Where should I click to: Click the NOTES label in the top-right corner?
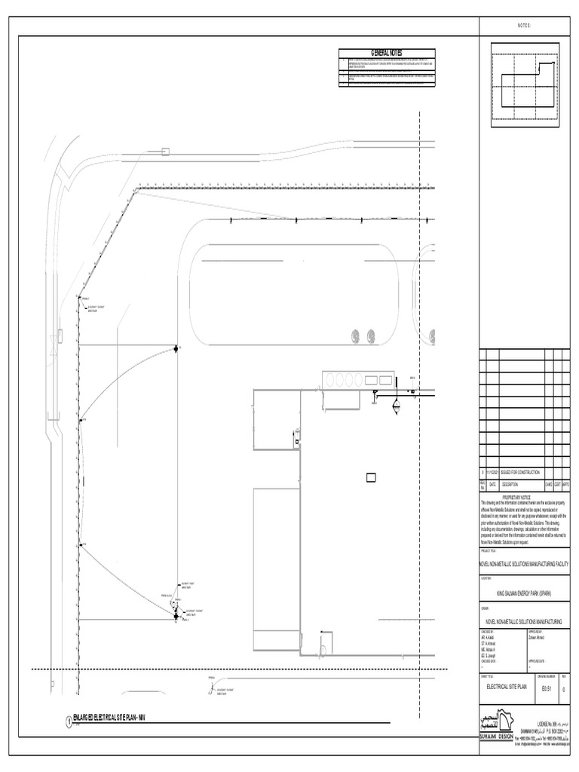point(525,26)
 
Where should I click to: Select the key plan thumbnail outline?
point(525,81)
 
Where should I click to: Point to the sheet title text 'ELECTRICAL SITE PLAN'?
point(508,687)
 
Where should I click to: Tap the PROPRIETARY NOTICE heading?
point(525,498)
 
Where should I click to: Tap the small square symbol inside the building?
point(371,477)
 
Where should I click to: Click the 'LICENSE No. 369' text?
point(547,722)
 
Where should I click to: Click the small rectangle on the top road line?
point(164,152)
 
